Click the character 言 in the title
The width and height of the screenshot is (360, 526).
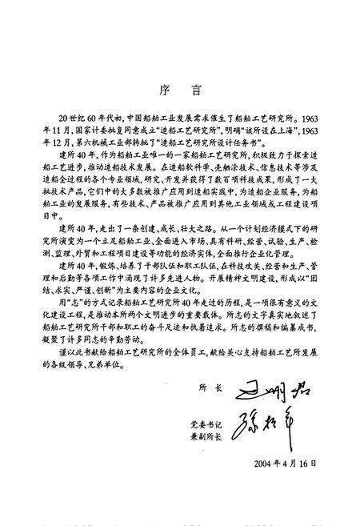[x=194, y=70]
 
